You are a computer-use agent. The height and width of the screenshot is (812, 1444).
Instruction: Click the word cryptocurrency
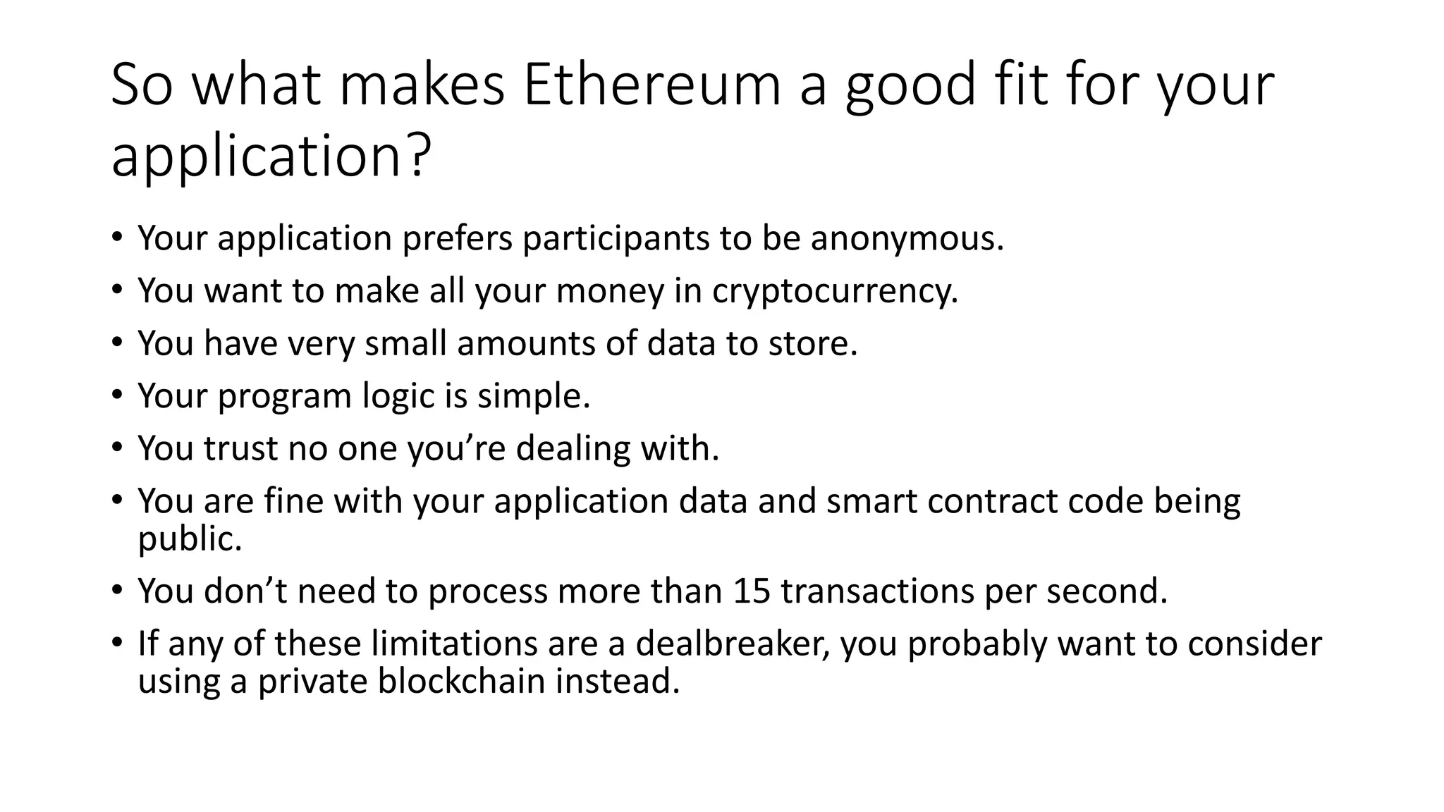(835, 291)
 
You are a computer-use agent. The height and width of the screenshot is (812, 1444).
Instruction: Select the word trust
(240, 448)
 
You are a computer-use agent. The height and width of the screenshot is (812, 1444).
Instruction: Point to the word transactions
(877, 591)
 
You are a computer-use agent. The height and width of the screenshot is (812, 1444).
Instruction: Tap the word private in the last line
(312, 682)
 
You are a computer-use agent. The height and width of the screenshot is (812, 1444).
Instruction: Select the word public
(190, 539)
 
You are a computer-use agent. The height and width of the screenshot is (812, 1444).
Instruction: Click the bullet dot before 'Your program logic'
(117, 395)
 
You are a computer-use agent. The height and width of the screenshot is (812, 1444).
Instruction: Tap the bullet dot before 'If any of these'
(117, 642)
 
